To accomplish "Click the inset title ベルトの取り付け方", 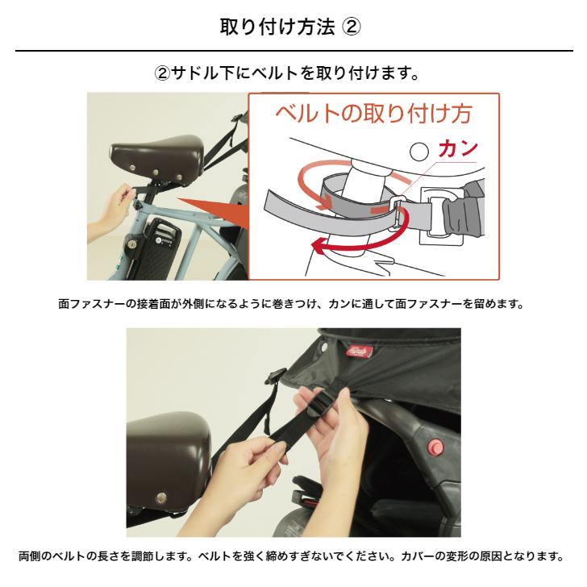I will (x=373, y=113).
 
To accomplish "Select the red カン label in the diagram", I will (x=458, y=149).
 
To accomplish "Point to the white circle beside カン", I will (x=419, y=151).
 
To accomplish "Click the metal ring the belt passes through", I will (x=398, y=212).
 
